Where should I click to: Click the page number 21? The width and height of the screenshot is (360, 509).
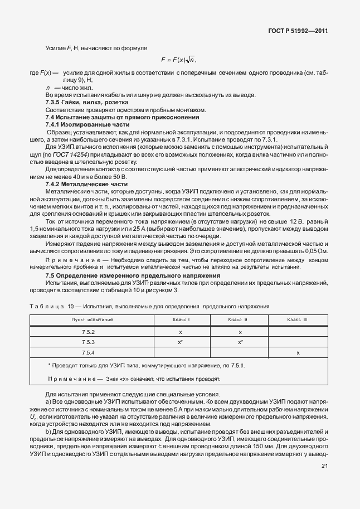324,474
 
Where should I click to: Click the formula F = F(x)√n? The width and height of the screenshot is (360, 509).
179,60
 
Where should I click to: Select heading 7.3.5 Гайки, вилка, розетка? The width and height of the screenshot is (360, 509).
86,103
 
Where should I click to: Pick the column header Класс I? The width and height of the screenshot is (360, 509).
181,319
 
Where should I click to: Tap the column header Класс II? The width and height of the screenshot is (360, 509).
239,319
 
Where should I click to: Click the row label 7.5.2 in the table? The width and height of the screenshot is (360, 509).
89,332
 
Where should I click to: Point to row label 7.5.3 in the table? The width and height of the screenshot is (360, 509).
89,342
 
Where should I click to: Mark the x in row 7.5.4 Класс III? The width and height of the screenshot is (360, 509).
298,353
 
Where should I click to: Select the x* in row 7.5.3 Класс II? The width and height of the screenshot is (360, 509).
240,342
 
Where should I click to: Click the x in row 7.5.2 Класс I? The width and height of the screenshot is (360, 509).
181,332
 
